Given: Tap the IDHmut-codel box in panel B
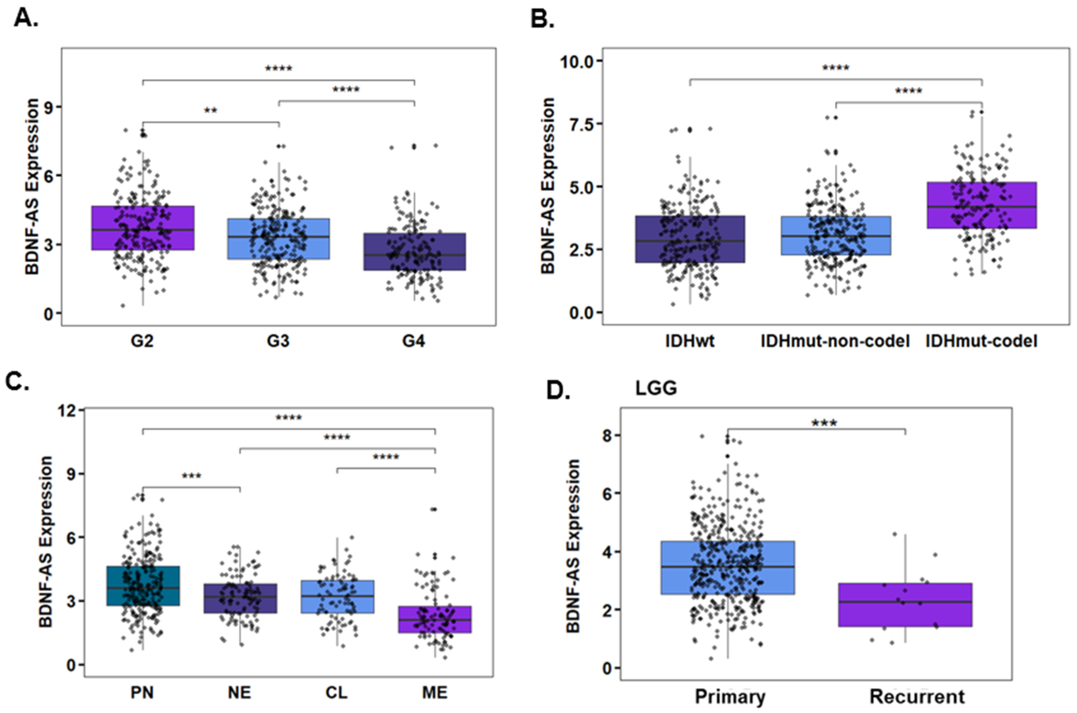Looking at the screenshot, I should [981, 205].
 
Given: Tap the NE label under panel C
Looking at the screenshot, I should [239, 693].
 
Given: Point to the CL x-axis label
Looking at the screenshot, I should [337, 693].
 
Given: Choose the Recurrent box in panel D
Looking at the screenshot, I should [905, 605].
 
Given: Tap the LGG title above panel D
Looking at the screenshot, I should [656, 388].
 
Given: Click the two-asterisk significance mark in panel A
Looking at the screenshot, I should [211, 111].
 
